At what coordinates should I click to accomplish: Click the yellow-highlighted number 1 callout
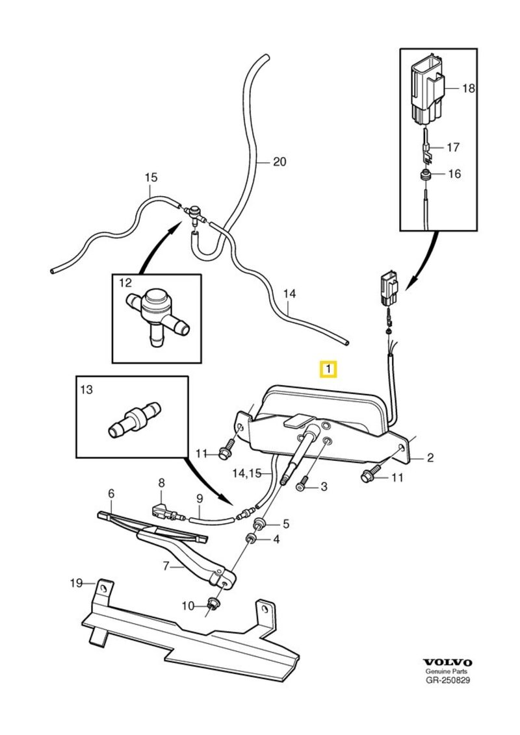329,370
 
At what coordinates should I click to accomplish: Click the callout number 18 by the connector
469,88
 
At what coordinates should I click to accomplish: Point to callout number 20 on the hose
279,162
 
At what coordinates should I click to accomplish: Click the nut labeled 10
212,606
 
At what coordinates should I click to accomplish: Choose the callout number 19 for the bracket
77,582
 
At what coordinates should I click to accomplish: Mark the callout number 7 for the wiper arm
166,566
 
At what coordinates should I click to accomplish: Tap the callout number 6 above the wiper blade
110,494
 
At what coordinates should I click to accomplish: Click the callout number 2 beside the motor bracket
430,458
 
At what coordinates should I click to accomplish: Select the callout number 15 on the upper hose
151,177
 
